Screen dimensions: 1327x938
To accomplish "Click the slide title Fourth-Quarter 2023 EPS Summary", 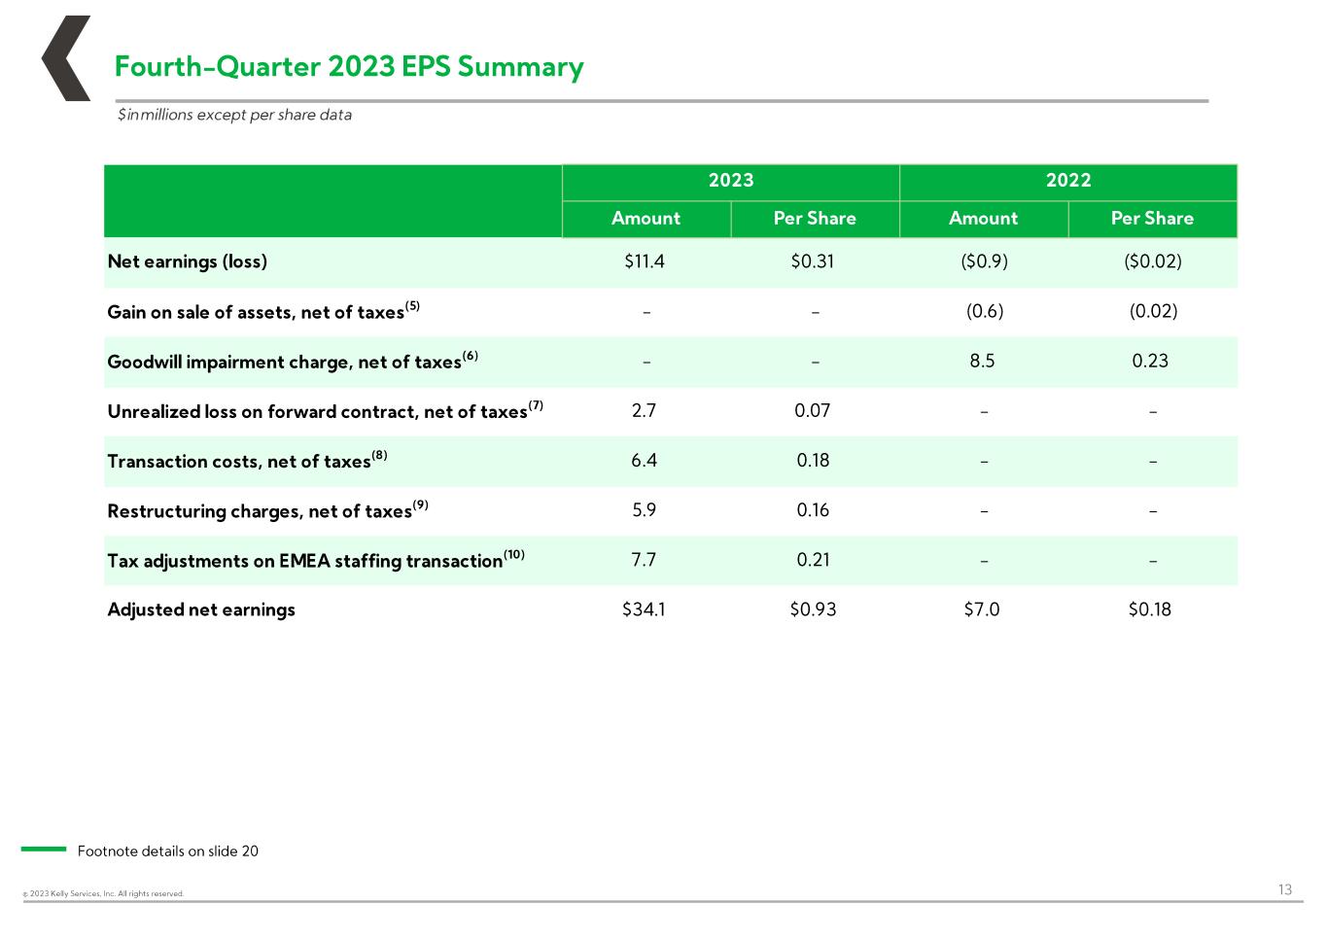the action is pos(349,66).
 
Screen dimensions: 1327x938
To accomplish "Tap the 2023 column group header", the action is pos(731,180).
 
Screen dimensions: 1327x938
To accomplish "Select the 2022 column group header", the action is pos(1068,180).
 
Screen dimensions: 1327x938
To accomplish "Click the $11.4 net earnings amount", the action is pos(645,261).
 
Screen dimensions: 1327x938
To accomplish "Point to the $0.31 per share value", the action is pos(812,261).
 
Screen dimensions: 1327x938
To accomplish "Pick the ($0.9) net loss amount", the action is pos(984,261).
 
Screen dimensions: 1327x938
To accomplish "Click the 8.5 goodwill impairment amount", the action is pos(982,361).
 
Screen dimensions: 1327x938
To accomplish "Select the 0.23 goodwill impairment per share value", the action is pos(1150,361).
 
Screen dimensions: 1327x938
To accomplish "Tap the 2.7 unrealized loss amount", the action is pos(644,410).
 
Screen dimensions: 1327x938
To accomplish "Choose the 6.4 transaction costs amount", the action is pos(644,460).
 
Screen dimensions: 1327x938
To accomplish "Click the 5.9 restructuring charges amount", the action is pos(644,510).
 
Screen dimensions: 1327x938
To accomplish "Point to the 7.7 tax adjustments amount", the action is pos(644,560).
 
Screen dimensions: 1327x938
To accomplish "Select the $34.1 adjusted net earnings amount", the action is pos(644,609).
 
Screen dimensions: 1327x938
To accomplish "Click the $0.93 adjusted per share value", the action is pos(813,609).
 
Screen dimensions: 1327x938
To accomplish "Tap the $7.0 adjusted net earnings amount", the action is pos(982,609).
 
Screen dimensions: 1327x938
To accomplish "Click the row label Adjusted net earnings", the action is pos(201,609).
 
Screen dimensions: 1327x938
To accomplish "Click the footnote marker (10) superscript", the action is pos(514,554).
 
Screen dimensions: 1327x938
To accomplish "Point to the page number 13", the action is pos(1285,889).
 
